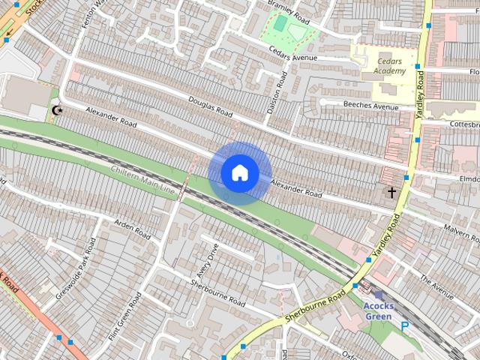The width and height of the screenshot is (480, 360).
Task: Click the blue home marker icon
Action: tap(239, 173)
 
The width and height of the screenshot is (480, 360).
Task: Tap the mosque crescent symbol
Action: tap(55, 111)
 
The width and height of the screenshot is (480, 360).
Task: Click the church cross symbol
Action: tap(391, 193)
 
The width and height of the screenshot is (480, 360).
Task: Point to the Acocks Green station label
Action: tap(378, 311)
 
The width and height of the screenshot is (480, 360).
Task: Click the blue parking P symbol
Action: tap(405, 327)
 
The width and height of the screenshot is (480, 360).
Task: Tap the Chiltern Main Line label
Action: tap(143, 181)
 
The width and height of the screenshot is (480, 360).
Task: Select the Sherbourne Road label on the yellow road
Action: tap(314, 308)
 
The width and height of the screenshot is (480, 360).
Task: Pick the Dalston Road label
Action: tap(276, 93)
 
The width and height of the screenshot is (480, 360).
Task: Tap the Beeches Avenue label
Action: tap(370, 106)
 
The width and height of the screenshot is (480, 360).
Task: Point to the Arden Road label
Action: tap(131, 229)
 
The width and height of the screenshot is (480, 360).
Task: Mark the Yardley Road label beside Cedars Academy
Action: tap(419, 96)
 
